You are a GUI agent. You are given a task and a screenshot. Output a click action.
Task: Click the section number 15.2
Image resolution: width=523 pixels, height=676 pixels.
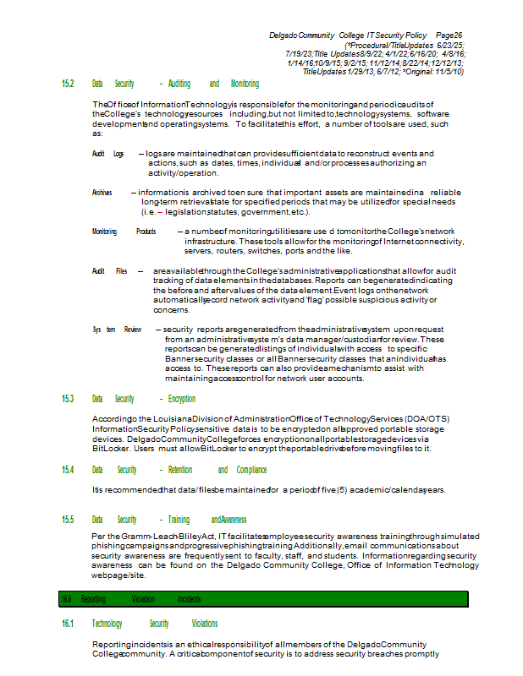[x=68, y=84]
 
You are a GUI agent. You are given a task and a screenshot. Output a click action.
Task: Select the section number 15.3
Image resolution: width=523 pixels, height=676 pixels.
[x=68, y=399]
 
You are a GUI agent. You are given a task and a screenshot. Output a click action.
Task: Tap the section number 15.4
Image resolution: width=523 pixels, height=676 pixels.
[x=68, y=470]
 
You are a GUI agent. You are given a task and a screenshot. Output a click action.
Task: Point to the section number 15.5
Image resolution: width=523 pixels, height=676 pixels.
[x=68, y=520]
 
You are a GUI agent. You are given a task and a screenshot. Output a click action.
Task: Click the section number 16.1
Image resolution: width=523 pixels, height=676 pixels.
[x=68, y=624]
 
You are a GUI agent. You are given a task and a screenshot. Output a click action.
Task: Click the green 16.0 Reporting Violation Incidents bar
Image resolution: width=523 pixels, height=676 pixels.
[x=263, y=599]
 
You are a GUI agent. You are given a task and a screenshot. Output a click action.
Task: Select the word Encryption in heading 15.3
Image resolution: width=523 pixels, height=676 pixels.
[x=182, y=399]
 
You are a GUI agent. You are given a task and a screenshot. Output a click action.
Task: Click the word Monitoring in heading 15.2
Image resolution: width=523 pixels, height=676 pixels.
[x=245, y=84]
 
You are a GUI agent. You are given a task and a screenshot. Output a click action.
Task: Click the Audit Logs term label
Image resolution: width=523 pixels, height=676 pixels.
[x=107, y=154]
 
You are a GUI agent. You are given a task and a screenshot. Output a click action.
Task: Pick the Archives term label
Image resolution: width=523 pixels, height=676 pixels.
[x=102, y=193]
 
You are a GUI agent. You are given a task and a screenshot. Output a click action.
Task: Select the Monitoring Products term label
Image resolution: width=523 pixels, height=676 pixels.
[x=124, y=232]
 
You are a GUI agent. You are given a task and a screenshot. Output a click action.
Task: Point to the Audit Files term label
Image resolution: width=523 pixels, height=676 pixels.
[x=109, y=271]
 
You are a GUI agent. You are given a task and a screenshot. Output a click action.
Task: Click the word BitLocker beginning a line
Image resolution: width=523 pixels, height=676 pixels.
[x=107, y=449]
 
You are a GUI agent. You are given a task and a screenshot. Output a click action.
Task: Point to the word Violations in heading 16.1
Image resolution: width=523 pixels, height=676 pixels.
[x=205, y=624]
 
